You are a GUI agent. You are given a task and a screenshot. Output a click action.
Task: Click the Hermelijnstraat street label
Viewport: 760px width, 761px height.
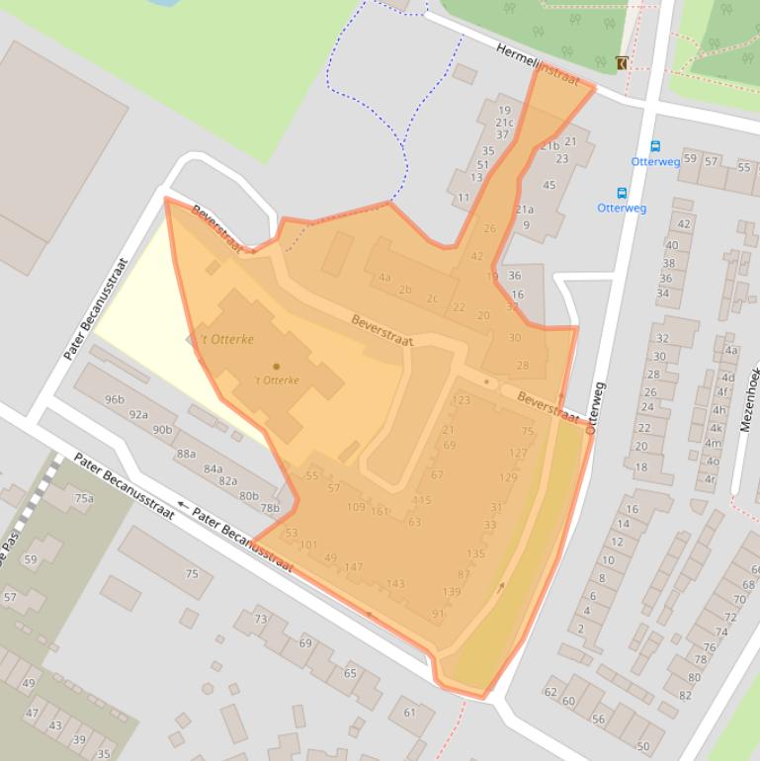537,64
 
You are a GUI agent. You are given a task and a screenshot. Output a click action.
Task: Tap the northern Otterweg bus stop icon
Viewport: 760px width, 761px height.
654,147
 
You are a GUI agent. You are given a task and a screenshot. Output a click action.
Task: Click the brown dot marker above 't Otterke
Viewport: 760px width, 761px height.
276,367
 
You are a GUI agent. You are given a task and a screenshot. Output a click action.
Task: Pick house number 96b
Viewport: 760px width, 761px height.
115,400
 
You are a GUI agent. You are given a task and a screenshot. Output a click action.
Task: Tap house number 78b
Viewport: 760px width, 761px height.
270,508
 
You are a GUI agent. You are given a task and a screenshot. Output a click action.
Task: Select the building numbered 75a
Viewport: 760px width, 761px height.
83,498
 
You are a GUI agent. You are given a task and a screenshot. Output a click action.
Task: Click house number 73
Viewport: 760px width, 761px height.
261,619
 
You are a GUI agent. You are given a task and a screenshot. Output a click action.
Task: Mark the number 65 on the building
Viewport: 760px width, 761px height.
350,673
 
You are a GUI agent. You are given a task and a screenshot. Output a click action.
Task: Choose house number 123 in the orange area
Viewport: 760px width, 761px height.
461,400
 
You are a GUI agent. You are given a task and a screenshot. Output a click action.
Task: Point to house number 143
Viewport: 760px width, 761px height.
395,584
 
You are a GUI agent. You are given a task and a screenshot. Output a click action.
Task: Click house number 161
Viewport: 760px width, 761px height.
380,511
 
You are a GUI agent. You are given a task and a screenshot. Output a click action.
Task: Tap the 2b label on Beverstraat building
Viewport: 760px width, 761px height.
405,290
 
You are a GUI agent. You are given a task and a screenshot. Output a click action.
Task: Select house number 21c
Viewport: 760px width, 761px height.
504,123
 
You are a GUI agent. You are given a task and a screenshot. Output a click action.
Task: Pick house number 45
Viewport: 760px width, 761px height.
549,185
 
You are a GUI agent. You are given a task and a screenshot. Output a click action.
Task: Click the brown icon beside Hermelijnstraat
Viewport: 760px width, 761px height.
621,63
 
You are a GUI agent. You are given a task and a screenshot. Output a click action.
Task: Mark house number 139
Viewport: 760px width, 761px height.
451,592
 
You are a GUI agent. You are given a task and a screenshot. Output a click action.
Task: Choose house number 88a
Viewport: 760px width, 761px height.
186,454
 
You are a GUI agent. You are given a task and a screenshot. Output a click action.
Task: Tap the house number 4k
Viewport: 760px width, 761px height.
716,428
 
